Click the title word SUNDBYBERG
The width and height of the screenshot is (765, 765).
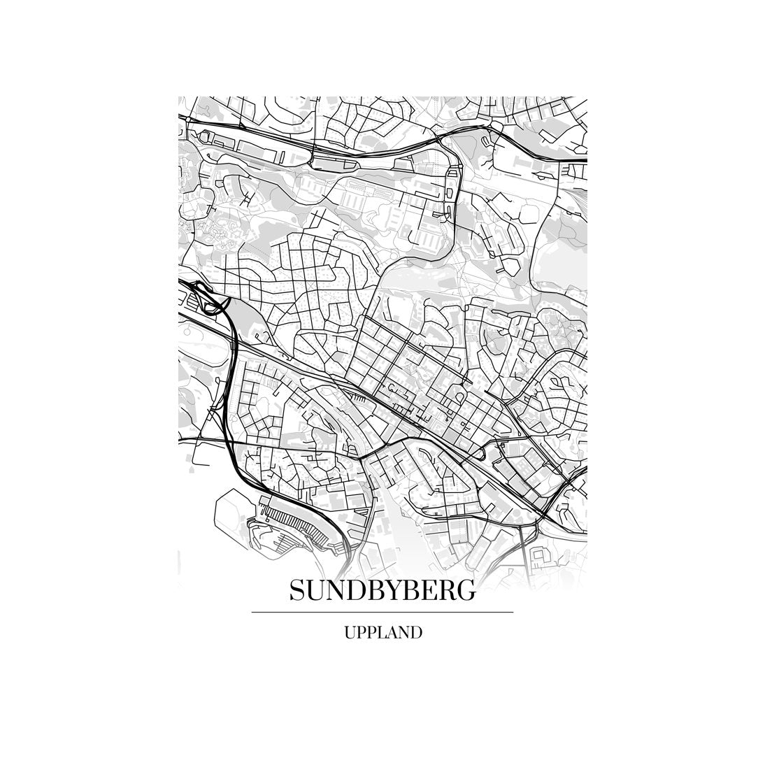[382, 591]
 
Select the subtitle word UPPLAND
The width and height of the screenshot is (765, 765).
[382, 633]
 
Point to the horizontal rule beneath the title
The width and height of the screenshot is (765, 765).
[382, 612]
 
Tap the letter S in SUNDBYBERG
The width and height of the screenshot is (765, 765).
[296, 591]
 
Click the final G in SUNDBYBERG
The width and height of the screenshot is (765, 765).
[466, 591]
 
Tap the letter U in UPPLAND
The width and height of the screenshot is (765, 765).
[349, 633]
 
